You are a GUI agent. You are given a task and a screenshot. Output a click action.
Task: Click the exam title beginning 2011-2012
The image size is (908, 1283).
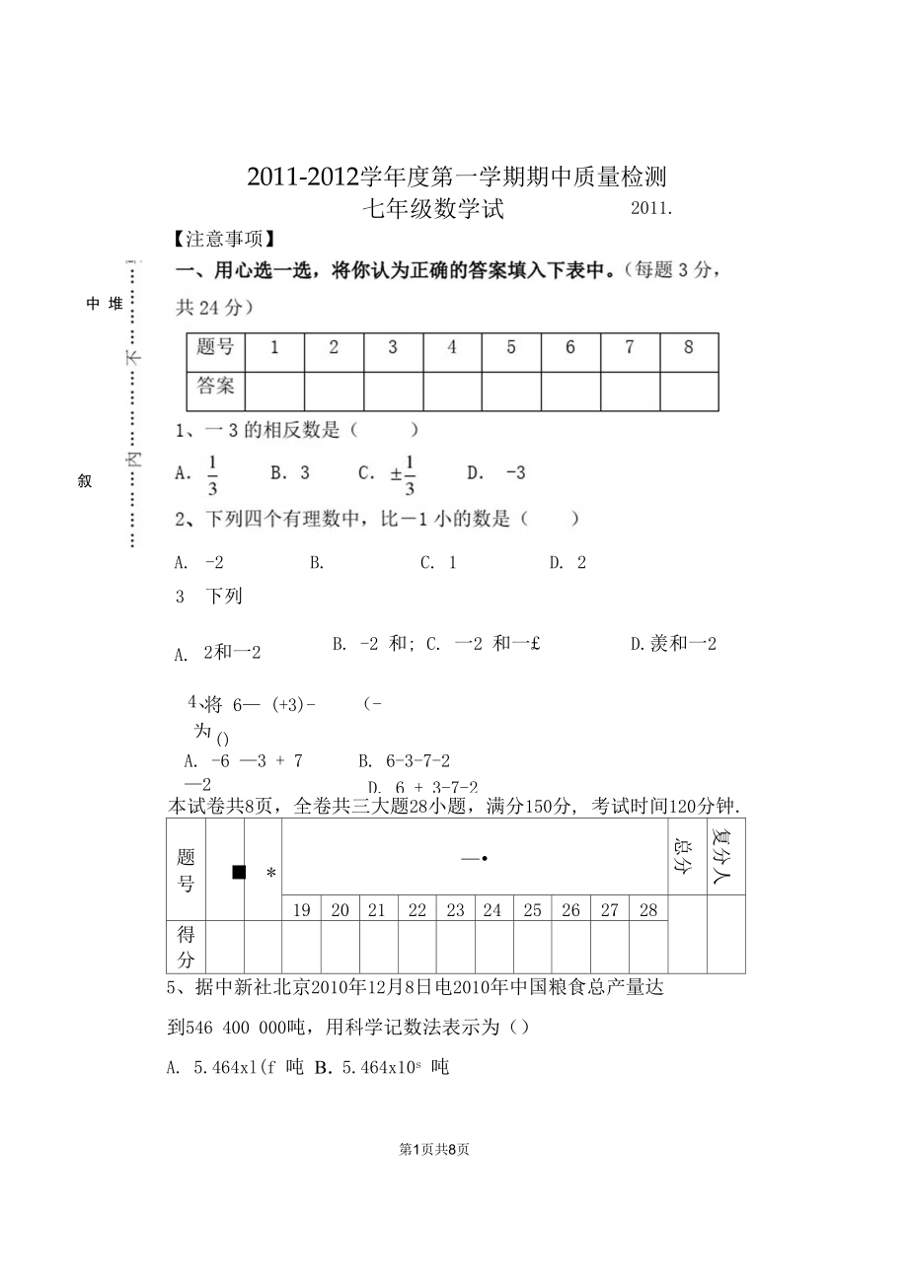457,178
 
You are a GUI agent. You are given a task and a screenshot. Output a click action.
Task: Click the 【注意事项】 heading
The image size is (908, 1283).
223,240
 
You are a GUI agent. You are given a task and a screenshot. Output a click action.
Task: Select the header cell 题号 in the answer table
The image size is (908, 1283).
215,347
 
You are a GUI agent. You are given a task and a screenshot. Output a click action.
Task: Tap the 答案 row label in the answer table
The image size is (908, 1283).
215,386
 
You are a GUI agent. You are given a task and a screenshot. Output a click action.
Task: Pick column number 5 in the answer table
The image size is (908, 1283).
511,347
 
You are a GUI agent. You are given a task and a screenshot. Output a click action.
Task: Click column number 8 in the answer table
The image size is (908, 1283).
688,347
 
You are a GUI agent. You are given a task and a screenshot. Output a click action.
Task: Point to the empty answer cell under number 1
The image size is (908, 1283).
274,391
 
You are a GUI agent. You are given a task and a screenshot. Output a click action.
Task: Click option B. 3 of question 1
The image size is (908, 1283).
290,472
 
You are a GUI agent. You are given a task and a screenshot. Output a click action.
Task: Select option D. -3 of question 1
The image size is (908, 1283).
496,472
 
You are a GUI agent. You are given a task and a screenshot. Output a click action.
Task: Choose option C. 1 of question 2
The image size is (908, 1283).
438,562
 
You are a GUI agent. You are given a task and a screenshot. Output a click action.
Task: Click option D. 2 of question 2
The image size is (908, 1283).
567,562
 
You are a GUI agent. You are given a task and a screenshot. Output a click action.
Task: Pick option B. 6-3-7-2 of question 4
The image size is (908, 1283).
405,760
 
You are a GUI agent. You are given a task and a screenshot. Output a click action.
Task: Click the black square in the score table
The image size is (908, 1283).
238,872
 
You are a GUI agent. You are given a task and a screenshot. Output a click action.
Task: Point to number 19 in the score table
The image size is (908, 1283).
301,910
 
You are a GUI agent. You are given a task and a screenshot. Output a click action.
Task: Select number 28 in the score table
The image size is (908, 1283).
647,910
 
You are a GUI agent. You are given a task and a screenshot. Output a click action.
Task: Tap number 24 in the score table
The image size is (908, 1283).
492,910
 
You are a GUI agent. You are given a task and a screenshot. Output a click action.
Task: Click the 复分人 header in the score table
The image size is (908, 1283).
725,854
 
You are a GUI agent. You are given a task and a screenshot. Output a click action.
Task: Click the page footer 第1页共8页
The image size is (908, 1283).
434,1149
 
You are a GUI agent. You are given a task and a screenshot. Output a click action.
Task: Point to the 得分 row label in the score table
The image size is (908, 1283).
187,947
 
